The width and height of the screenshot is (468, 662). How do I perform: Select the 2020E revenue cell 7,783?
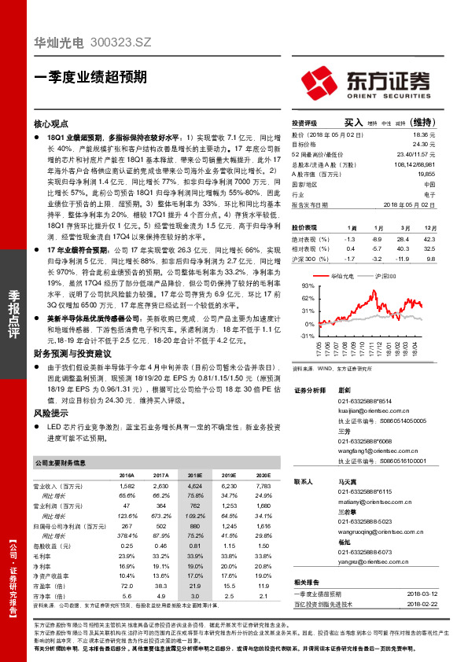pos(263,487)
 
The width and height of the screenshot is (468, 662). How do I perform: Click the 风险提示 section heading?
pos(54,410)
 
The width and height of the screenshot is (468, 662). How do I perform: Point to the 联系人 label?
pos(303,481)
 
